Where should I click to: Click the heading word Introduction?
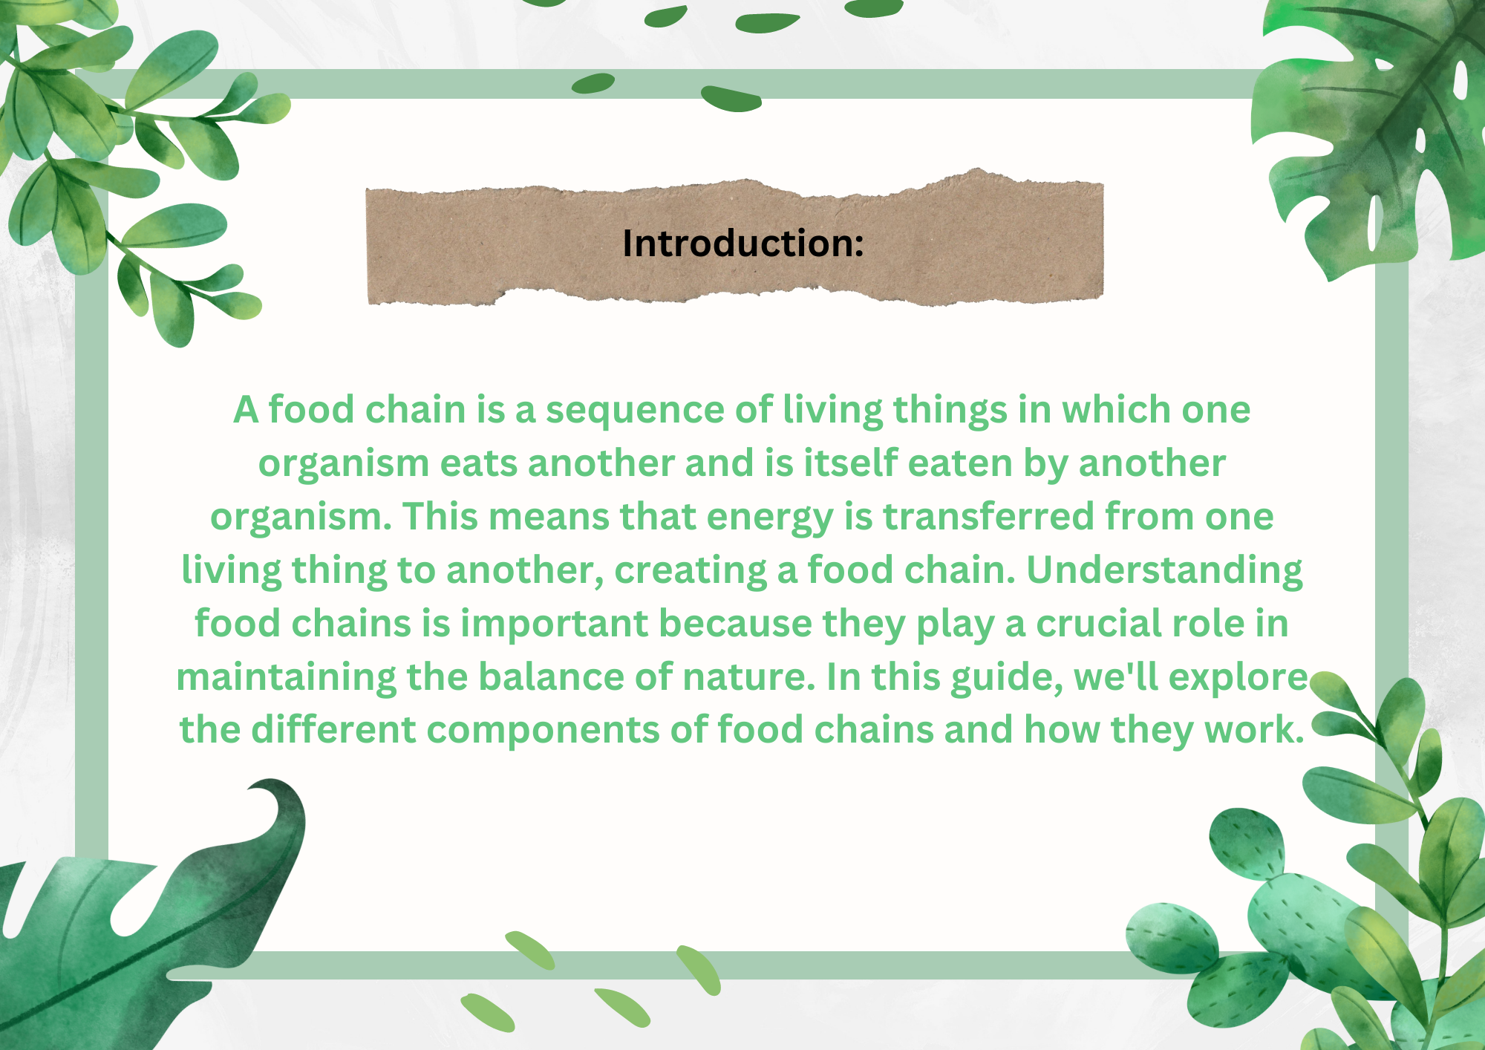click(x=743, y=244)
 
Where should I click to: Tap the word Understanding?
click(x=1164, y=570)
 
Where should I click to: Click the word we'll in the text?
click(x=1116, y=677)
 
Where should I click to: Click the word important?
click(x=554, y=625)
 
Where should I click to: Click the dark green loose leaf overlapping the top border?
click(x=731, y=98)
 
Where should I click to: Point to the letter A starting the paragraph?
click(x=246, y=411)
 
